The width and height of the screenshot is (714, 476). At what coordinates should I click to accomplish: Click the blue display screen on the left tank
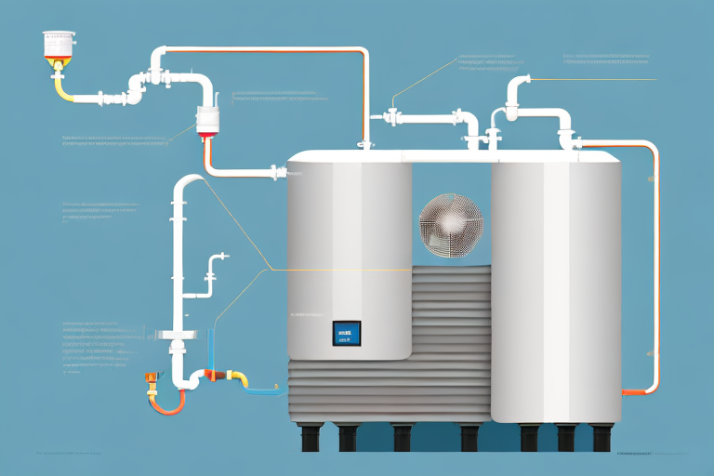[x=346, y=334]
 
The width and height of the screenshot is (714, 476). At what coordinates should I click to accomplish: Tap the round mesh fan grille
[x=450, y=224]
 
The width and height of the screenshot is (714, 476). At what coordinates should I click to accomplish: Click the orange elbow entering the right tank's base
[x=633, y=391]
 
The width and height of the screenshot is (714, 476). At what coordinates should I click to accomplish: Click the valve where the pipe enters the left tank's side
[x=275, y=172]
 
